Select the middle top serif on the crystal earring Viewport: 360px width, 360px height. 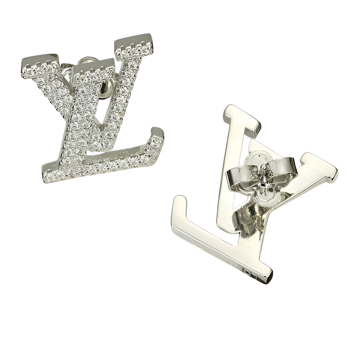click(94, 68)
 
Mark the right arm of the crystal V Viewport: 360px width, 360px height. click(124, 94)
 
